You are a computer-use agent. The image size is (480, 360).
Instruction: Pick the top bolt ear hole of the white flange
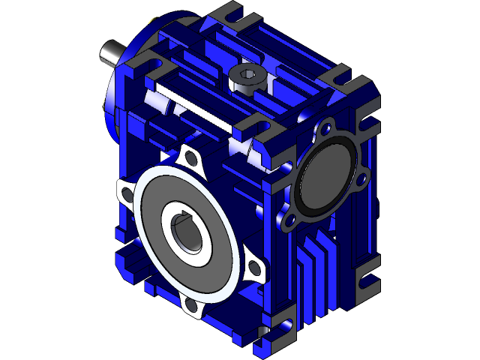click(188, 158)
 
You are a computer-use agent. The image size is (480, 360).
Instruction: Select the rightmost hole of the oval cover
click(361, 178)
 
